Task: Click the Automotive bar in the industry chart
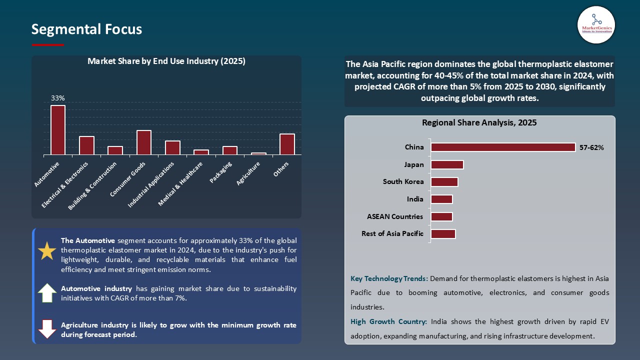pos(58,130)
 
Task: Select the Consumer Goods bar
pos(144,142)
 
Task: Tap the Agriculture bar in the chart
pos(258,153)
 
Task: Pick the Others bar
pos(287,144)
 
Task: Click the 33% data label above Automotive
pos(58,98)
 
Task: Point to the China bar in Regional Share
pos(503,147)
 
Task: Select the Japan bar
pos(447,164)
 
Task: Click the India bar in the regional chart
pos(441,199)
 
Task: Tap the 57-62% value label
pos(591,147)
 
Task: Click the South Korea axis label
pos(403,181)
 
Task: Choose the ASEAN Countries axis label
pos(395,216)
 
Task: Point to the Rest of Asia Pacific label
pos(392,233)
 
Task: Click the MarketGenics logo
pos(596,24)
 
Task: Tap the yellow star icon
pos(47,250)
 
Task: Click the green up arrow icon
pos(47,293)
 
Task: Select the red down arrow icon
pos(47,329)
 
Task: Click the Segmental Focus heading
pos(86,29)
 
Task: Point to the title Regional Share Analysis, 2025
pos(479,122)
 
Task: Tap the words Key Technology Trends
pos(388,278)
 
